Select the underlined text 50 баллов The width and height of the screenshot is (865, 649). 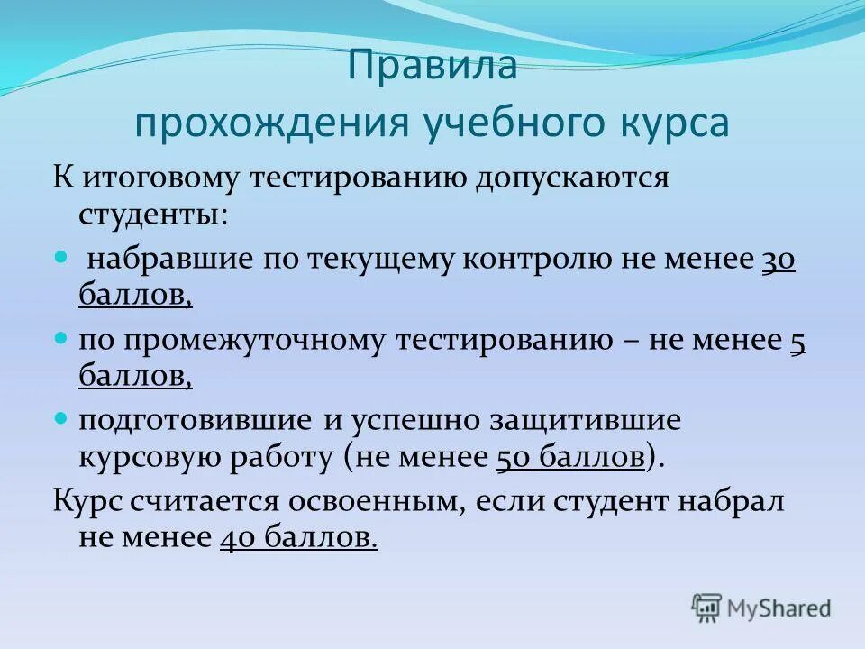pos(571,457)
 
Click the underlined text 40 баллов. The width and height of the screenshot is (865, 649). pos(298,538)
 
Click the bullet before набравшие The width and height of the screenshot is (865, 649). pos(61,258)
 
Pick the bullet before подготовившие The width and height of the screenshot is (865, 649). pos(61,418)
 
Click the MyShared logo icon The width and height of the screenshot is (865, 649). pos(707,608)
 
